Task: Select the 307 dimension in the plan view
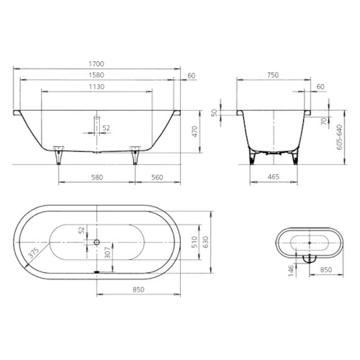point(106,252)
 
